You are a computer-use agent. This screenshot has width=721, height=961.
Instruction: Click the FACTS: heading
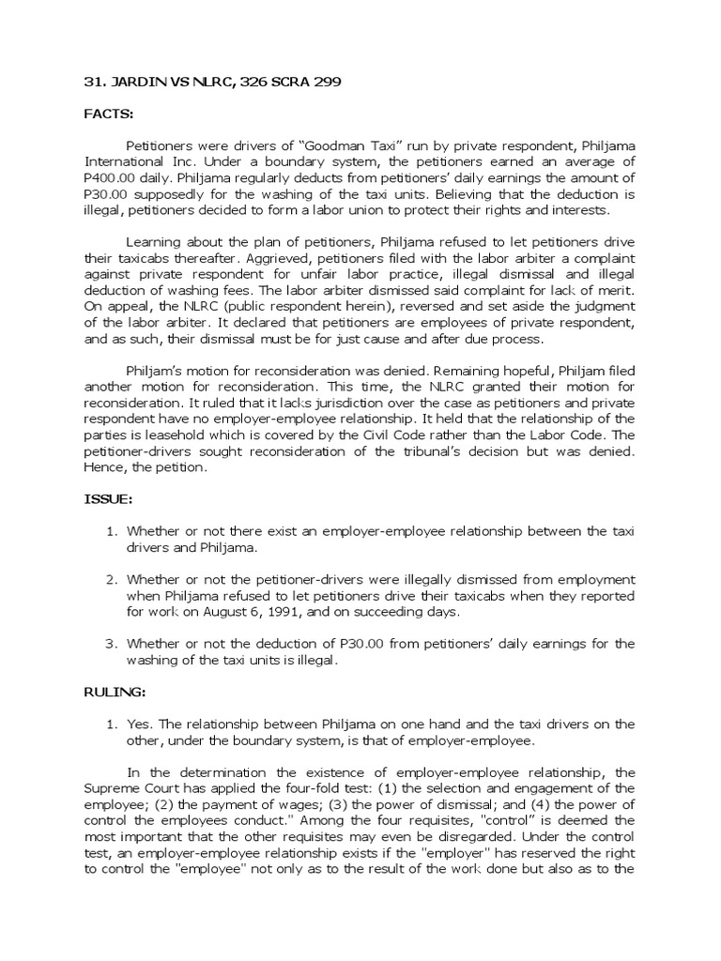pos(109,114)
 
